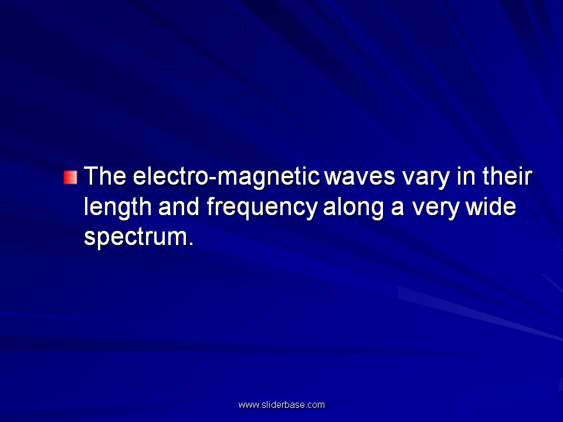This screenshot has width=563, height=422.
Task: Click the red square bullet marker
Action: (70, 177)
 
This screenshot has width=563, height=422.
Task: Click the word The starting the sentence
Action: (105, 176)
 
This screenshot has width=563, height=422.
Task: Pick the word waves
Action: (359, 177)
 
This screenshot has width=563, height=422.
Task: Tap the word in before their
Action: (466, 176)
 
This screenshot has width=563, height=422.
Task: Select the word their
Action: (507, 176)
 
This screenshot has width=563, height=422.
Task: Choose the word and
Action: (179, 206)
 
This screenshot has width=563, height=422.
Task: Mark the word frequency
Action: (263, 208)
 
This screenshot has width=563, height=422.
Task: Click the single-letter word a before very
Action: (397, 208)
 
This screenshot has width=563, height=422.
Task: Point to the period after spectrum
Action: (191, 244)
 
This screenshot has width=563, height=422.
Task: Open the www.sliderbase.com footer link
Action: (281, 405)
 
